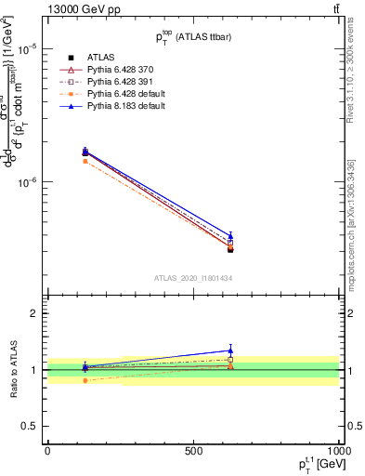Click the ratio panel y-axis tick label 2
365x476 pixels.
(x=35, y=313)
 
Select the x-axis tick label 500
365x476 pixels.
(x=193, y=449)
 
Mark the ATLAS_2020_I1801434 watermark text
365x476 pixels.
(x=193, y=278)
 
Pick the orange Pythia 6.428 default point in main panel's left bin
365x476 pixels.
(x=85, y=161)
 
